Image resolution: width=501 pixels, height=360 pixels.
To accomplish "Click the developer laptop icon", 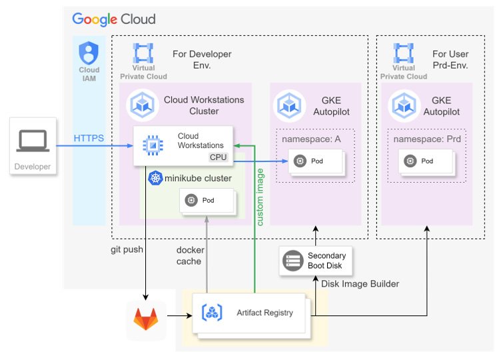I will (32, 141).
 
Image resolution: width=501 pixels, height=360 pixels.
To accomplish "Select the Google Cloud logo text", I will (114, 19).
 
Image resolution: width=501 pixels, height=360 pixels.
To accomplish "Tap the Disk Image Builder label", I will (360, 284).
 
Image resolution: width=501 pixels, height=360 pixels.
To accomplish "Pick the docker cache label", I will (189, 255).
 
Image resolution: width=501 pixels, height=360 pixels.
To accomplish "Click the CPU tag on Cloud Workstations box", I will (219, 157).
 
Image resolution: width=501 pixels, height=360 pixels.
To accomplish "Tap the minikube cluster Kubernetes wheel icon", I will (155, 178).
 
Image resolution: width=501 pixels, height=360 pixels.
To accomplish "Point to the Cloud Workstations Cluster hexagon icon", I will (143, 104).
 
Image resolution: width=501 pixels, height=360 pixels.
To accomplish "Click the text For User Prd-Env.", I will (450, 59).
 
